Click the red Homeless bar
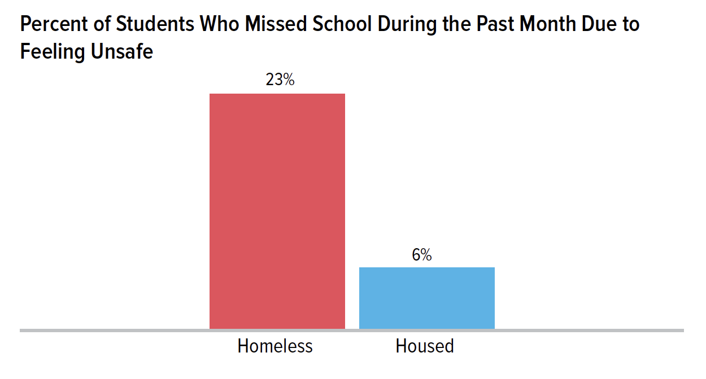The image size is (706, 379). [x=277, y=211]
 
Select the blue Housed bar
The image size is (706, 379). [x=427, y=298]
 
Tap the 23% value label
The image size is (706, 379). [x=280, y=80]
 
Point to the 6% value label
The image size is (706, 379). [x=421, y=255]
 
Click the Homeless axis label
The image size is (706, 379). [x=275, y=346]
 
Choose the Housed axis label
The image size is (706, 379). [x=425, y=346]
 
